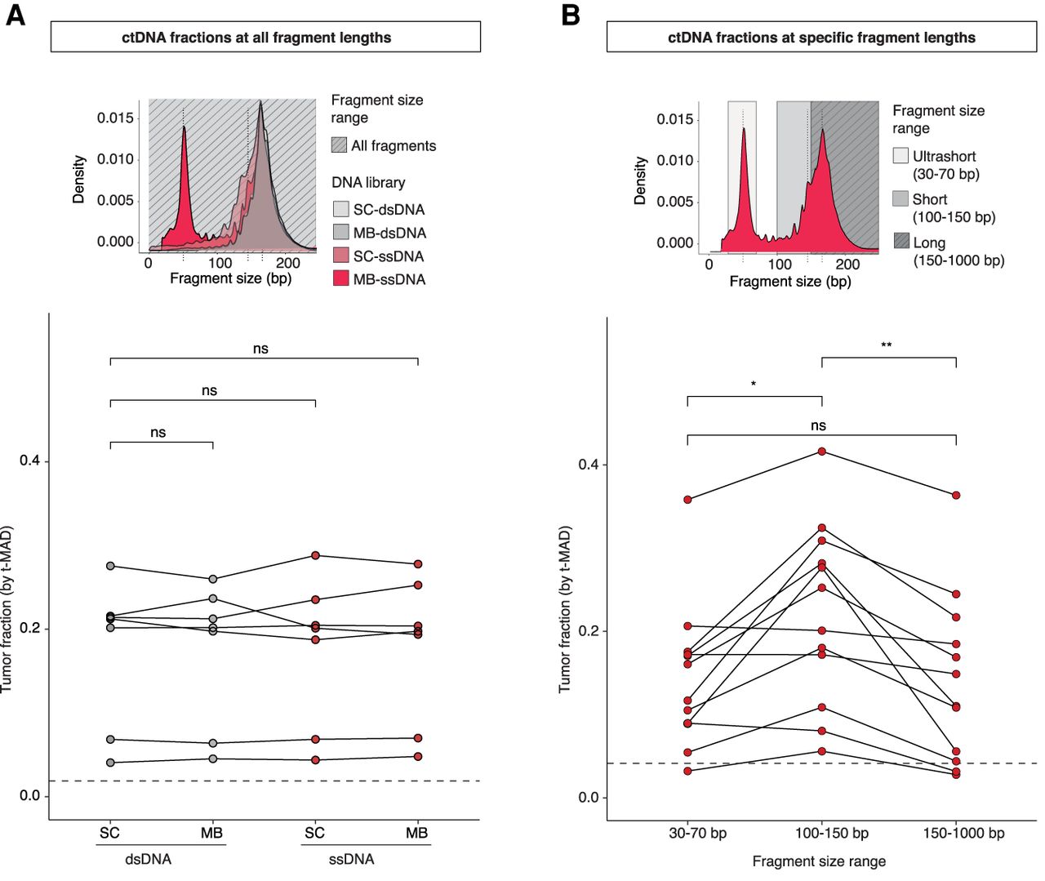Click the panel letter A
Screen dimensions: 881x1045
pyautogui.click(x=15, y=15)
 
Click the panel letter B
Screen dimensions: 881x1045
pyautogui.click(x=571, y=15)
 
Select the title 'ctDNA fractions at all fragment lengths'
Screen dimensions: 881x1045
pyautogui.click(x=256, y=38)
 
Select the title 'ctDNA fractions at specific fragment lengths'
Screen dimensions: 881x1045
pyautogui.click(x=821, y=38)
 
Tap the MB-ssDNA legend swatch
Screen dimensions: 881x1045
pyautogui.click(x=340, y=278)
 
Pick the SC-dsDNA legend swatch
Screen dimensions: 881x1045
pyautogui.click(x=340, y=209)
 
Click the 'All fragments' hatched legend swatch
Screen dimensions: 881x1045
pyautogui.click(x=340, y=145)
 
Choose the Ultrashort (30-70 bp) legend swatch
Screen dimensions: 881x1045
pyautogui.click(x=900, y=155)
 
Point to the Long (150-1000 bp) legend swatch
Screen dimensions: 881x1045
pyautogui.click(x=900, y=241)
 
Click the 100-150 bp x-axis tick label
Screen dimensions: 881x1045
pyautogui.click(x=831, y=834)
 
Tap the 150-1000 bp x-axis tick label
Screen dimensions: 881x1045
pyautogui.click(x=963, y=834)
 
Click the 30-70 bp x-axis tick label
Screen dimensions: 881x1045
pyautogui.click(x=697, y=834)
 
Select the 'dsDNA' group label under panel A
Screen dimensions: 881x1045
pyautogui.click(x=148, y=859)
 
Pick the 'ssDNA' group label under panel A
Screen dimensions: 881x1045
pyautogui.click(x=351, y=859)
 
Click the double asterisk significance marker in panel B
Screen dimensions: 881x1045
pyautogui.click(x=886, y=346)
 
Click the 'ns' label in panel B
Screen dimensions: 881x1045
pyautogui.click(x=818, y=425)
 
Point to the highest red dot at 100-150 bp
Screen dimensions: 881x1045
pyautogui.click(x=821, y=452)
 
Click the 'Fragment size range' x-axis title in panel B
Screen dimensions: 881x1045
pyautogui.click(x=819, y=861)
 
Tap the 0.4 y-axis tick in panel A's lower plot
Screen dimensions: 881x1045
pyautogui.click(x=30, y=461)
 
